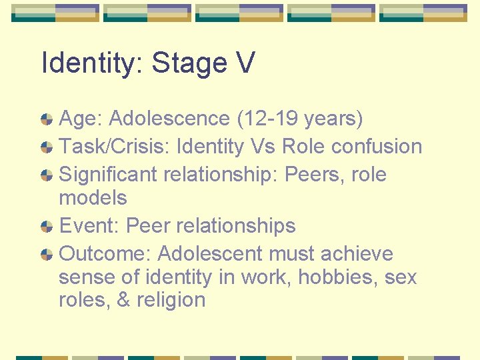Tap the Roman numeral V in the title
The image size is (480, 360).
245,63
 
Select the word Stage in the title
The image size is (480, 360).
189,63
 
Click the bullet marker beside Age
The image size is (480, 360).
47,119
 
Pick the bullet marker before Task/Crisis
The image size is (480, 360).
47,147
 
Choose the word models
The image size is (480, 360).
93,198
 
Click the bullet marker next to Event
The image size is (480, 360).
47,227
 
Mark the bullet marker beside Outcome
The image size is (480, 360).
47,255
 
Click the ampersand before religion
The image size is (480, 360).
123,300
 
